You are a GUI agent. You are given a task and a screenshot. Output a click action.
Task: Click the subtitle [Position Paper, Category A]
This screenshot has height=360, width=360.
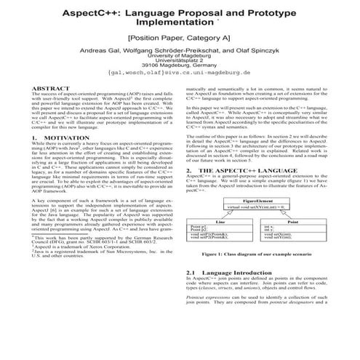tap(179, 39)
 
